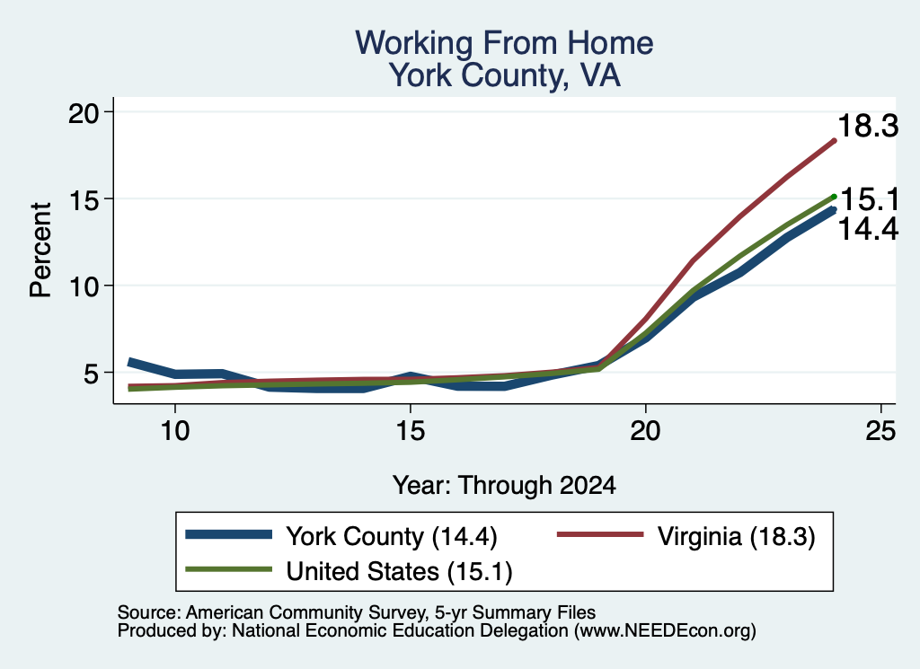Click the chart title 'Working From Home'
click(504, 43)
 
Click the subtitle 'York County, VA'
click(505, 75)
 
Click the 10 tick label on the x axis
click(174, 431)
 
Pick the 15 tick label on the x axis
click(410, 431)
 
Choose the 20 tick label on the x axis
click(645, 431)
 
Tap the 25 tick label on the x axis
click(880, 431)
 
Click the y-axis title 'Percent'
click(41, 251)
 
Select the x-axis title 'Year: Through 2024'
click(504, 486)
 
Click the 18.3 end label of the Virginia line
click(868, 126)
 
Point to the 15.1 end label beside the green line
click(869, 200)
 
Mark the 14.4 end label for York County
click(868, 229)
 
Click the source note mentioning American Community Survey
click(357, 612)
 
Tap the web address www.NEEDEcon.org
click(665, 631)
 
